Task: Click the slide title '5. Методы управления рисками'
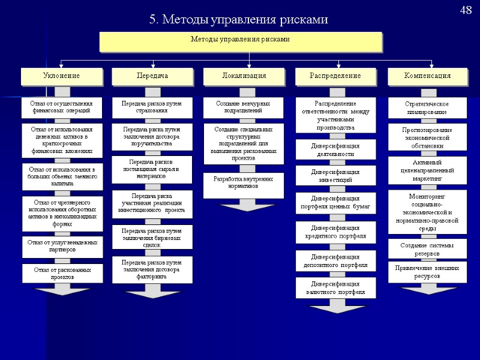click(239, 20)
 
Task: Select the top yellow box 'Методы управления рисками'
click(240, 41)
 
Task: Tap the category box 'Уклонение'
click(62, 76)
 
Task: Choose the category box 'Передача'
click(152, 76)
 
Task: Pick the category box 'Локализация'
click(244, 76)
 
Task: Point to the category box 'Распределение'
click(335, 76)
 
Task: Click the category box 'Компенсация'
click(427, 76)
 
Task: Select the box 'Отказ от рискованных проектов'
click(62, 274)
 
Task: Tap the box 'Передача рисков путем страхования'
click(152, 107)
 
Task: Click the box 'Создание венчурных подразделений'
click(243, 107)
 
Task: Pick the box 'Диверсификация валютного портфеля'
click(335, 288)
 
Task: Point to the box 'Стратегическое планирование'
click(427, 108)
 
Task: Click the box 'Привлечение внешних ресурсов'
click(427, 272)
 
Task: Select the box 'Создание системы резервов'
click(427, 249)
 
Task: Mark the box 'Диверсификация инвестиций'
click(335, 175)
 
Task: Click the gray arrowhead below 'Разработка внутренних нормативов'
click(243, 205)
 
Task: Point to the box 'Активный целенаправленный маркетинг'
click(427, 170)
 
